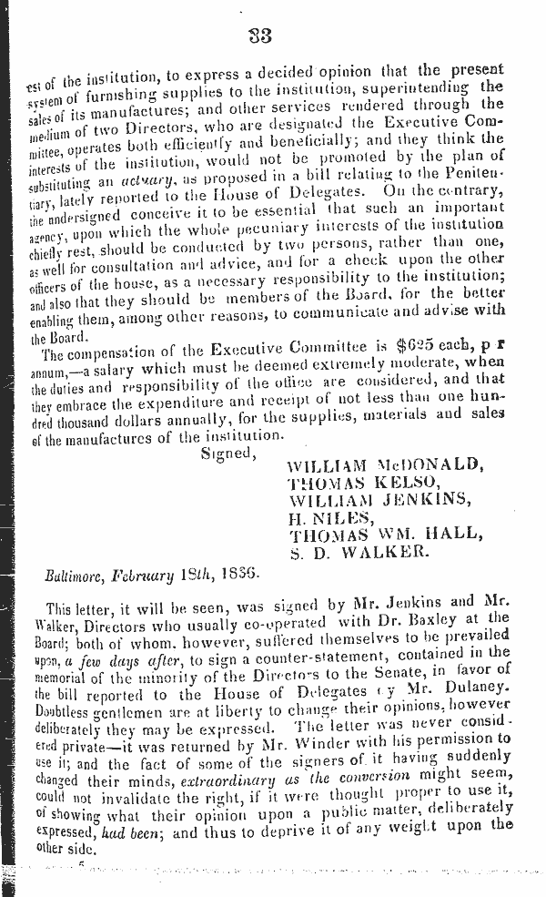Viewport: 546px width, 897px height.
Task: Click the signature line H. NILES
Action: pyautogui.click(x=324, y=520)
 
